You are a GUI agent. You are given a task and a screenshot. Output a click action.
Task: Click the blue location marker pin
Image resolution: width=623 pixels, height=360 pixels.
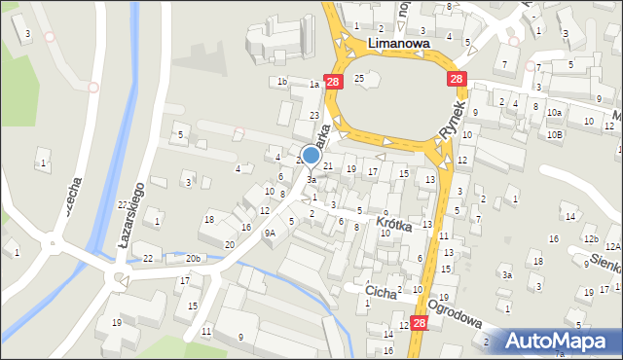pyautogui.click(x=311, y=155)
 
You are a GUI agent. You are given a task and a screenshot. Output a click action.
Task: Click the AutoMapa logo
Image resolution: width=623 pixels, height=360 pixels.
pyautogui.click(x=556, y=341)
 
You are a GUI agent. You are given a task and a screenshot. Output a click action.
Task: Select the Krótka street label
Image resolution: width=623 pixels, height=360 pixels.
pyautogui.click(x=394, y=225)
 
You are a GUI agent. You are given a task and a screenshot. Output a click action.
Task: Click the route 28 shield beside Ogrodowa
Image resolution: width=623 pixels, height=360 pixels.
pyautogui.click(x=420, y=322)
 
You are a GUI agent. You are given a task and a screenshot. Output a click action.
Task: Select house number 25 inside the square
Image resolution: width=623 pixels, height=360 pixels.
pyautogui.click(x=359, y=77)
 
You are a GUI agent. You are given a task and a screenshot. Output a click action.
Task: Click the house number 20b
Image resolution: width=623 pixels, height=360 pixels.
pyautogui.click(x=194, y=259)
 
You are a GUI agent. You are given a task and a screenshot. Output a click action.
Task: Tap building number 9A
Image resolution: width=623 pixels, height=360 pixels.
pyautogui.click(x=271, y=234)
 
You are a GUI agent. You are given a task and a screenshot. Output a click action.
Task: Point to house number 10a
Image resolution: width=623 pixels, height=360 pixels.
pyautogui.click(x=554, y=113)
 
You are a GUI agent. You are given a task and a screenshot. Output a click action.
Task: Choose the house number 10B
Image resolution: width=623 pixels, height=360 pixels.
pyautogui.click(x=554, y=134)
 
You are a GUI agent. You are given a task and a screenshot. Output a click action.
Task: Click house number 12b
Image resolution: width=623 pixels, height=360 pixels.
pyautogui.click(x=590, y=238)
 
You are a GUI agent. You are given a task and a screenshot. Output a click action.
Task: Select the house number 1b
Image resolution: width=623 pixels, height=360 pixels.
pyautogui.click(x=282, y=81)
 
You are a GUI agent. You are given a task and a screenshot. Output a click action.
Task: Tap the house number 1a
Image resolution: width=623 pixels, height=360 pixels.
pyautogui.click(x=314, y=85)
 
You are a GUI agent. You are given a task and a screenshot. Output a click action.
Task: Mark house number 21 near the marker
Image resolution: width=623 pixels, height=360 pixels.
pyautogui.click(x=328, y=166)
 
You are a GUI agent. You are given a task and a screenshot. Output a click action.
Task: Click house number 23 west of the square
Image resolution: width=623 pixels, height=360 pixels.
pyautogui.click(x=314, y=115)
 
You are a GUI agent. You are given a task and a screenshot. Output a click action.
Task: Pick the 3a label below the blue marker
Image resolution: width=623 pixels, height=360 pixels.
pyautogui.click(x=311, y=180)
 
